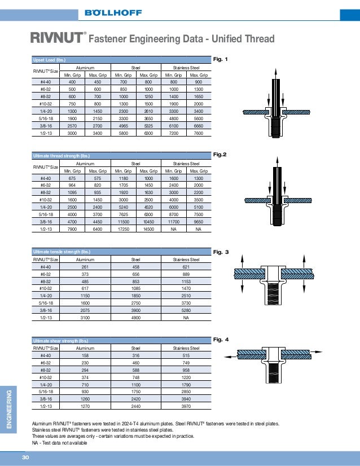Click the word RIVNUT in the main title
[56, 39]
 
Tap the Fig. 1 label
[220, 59]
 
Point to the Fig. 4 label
[221, 340]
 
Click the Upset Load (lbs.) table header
[50, 60]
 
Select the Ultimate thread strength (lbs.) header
[62, 156]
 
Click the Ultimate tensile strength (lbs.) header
[62, 252]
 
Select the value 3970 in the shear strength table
[186, 406]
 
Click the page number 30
[25, 457]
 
